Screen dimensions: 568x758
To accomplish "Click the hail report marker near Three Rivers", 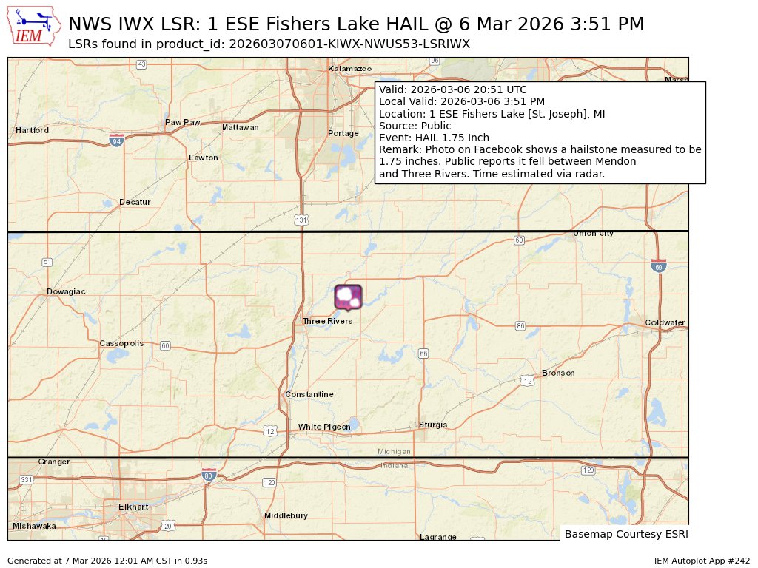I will (x=348, y=297).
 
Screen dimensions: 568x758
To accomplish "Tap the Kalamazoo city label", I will (x=350, y=69).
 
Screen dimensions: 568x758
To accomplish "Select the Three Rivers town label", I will (x=327, y=321).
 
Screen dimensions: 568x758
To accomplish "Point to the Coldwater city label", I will (x=665, y=322).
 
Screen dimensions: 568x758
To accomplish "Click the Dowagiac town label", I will (x=66, y=291).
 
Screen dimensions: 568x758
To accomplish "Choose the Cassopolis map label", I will (x=121, y=344).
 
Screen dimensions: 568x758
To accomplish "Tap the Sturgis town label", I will (x=433, y=425).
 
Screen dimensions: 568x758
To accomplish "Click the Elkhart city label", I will (x=133, y=507).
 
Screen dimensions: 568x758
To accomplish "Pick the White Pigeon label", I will (x=324, y=427).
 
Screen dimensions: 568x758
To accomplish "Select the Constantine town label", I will (x=309, y=394).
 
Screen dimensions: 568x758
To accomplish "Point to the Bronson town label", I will (x=558, y=373).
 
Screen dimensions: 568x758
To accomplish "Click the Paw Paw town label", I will (x=182, y=122).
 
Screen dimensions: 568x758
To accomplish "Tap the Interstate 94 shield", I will (x=116, y=140).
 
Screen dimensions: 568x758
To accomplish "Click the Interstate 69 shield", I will (x=658, y=266).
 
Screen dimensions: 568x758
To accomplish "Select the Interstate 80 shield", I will (x=209, y=476).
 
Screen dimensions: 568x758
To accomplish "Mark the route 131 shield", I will (x=301, y=220).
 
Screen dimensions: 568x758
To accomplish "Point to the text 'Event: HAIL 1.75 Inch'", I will (x=434, y=138).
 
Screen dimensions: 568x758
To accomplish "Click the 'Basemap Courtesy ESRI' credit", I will (x=625, y=533).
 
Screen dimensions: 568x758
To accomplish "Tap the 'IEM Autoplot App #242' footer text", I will (x=702, y=561).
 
